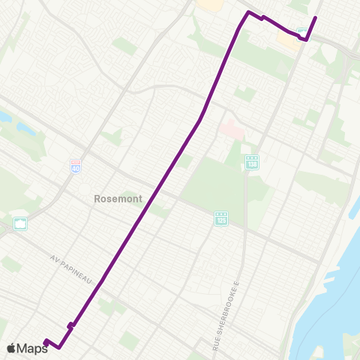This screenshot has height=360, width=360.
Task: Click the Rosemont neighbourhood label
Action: (x=113, y=199)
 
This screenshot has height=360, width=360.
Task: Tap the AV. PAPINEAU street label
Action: (x=72, y=268)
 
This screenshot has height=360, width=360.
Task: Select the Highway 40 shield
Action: (x=76, y=166)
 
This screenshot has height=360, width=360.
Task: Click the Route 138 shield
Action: (x=252, y=161)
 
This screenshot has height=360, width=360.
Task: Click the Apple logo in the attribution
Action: (x=11, y=348)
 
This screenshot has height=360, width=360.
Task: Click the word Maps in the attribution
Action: (x=32, y=348)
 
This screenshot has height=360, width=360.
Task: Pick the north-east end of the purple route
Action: (x=315, y=17)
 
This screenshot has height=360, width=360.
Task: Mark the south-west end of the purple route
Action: (x=46, y=342)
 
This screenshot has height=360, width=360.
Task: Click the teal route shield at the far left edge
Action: (x=20, y=223)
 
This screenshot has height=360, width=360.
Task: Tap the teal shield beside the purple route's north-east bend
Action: (x=301, y=33)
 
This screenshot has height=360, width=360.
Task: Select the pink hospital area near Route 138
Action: (x=231, y=130)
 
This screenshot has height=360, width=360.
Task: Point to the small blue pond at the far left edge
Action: (x=4, y=118)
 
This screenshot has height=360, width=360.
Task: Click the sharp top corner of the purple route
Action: (x=248, y=13)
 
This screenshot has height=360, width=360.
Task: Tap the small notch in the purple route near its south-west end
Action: (x=70, y=325)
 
